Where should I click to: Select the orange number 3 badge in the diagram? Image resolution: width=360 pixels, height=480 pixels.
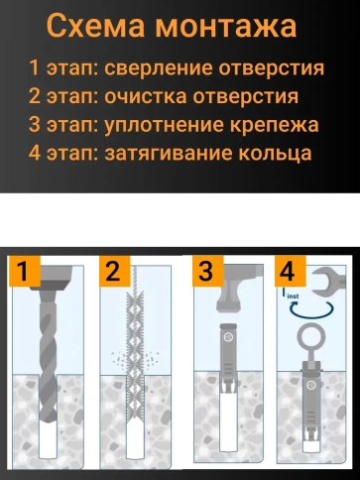point(204,271)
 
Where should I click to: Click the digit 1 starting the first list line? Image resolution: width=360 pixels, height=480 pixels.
point(35,69)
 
